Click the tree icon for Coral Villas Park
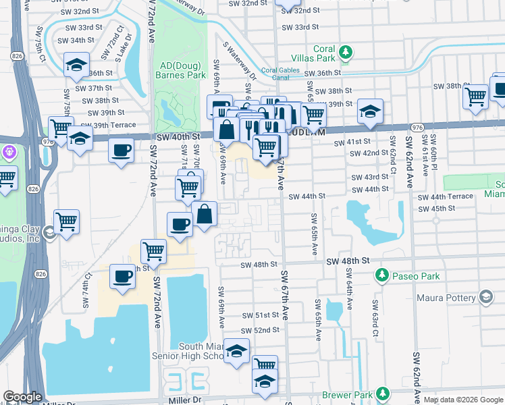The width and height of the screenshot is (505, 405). point(346,51)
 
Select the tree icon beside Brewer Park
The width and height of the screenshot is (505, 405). point(383,393)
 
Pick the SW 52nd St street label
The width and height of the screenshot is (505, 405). point(260,330)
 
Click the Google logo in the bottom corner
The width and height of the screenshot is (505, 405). point(22,397)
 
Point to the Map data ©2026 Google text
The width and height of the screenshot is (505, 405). point(463,400)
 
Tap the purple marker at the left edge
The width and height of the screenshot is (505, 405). point(8,151)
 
